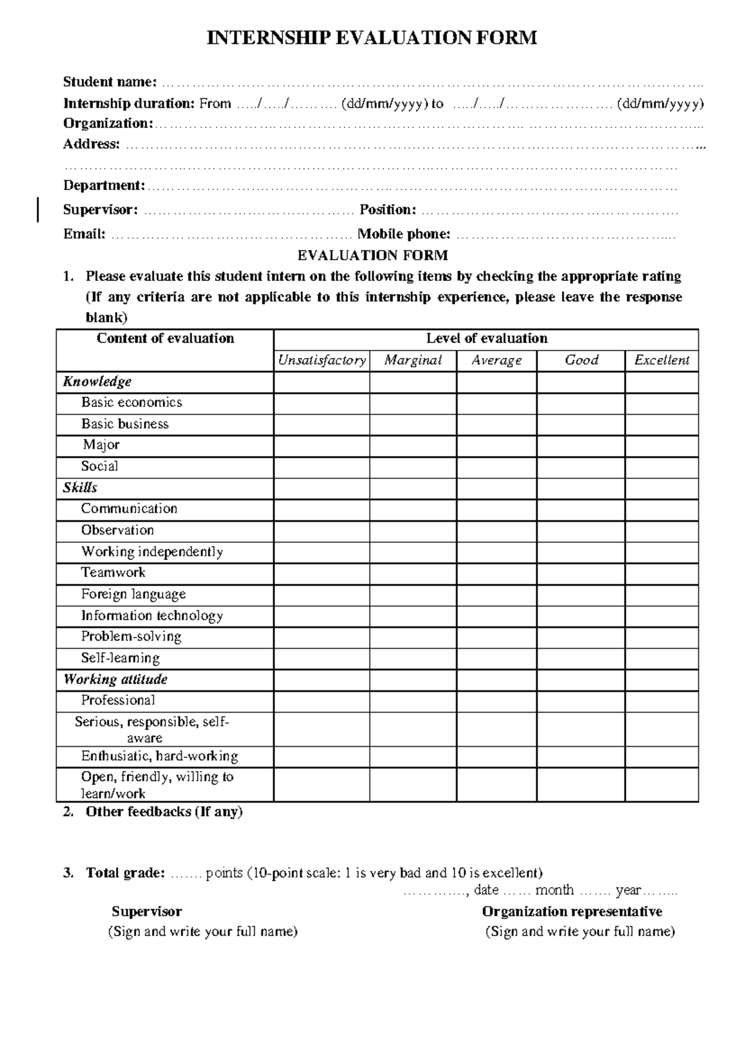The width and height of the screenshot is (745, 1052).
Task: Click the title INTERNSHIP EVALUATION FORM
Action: (371, 38)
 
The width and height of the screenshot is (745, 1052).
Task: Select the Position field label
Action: (387, 210)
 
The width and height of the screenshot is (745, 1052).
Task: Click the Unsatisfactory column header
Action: (322, 360)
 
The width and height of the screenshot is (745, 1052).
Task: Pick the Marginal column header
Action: (413, 360)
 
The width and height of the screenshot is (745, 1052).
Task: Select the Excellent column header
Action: (662, 360)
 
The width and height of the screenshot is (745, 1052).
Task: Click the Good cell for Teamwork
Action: (580, 573)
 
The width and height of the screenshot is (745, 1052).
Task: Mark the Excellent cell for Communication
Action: (662, 509)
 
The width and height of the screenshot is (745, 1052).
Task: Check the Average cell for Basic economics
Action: (496, 403)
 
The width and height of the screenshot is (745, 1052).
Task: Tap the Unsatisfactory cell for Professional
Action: (322, 701)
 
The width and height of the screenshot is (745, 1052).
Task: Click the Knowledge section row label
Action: (97, 381)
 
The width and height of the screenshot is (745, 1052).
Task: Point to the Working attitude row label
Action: (115, 679)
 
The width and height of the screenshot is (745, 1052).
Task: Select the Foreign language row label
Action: (133, 594)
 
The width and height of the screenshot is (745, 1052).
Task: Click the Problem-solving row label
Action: (131, 637)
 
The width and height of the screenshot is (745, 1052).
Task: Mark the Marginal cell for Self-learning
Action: (413, 658)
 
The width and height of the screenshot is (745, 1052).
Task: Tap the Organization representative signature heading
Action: (572, 912)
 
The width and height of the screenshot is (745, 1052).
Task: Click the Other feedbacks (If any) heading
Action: (164, 812)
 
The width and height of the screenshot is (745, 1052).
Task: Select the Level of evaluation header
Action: (487, 339)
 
